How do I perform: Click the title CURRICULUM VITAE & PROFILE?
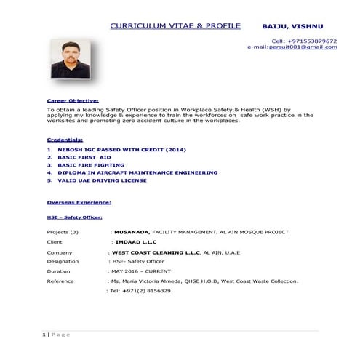(175, 26)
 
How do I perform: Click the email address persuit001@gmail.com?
(303, 47)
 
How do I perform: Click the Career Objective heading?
(73, 100)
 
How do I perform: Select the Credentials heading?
(65, 139)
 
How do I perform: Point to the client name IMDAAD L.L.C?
(136, 241)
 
